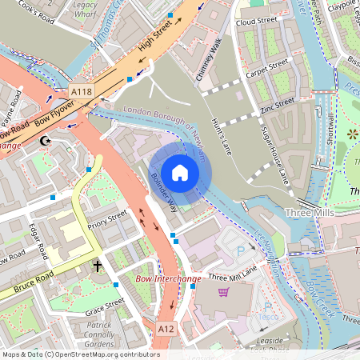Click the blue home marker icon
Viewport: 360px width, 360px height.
pos(180,172)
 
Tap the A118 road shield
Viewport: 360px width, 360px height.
pos(80,93)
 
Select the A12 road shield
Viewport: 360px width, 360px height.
pos(166,328)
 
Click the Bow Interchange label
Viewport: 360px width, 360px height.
pos(168,279)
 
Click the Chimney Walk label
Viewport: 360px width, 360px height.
pos(206,63)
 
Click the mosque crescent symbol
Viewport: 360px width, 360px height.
pos(46,142)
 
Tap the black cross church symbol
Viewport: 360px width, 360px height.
pos(98,266)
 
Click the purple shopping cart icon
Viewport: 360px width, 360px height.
pos(223,291)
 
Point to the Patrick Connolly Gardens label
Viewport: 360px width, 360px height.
pos(99,334)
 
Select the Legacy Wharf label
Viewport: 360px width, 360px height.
pos(84,9)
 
